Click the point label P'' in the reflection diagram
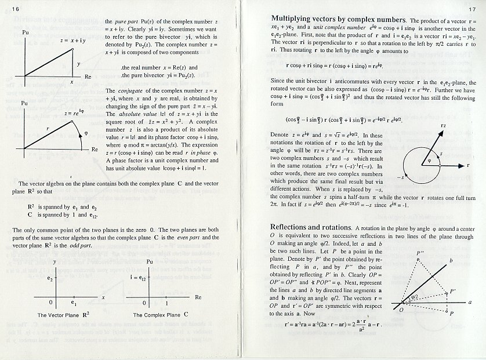pos(422,253)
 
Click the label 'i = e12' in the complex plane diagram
pos(137,278)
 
